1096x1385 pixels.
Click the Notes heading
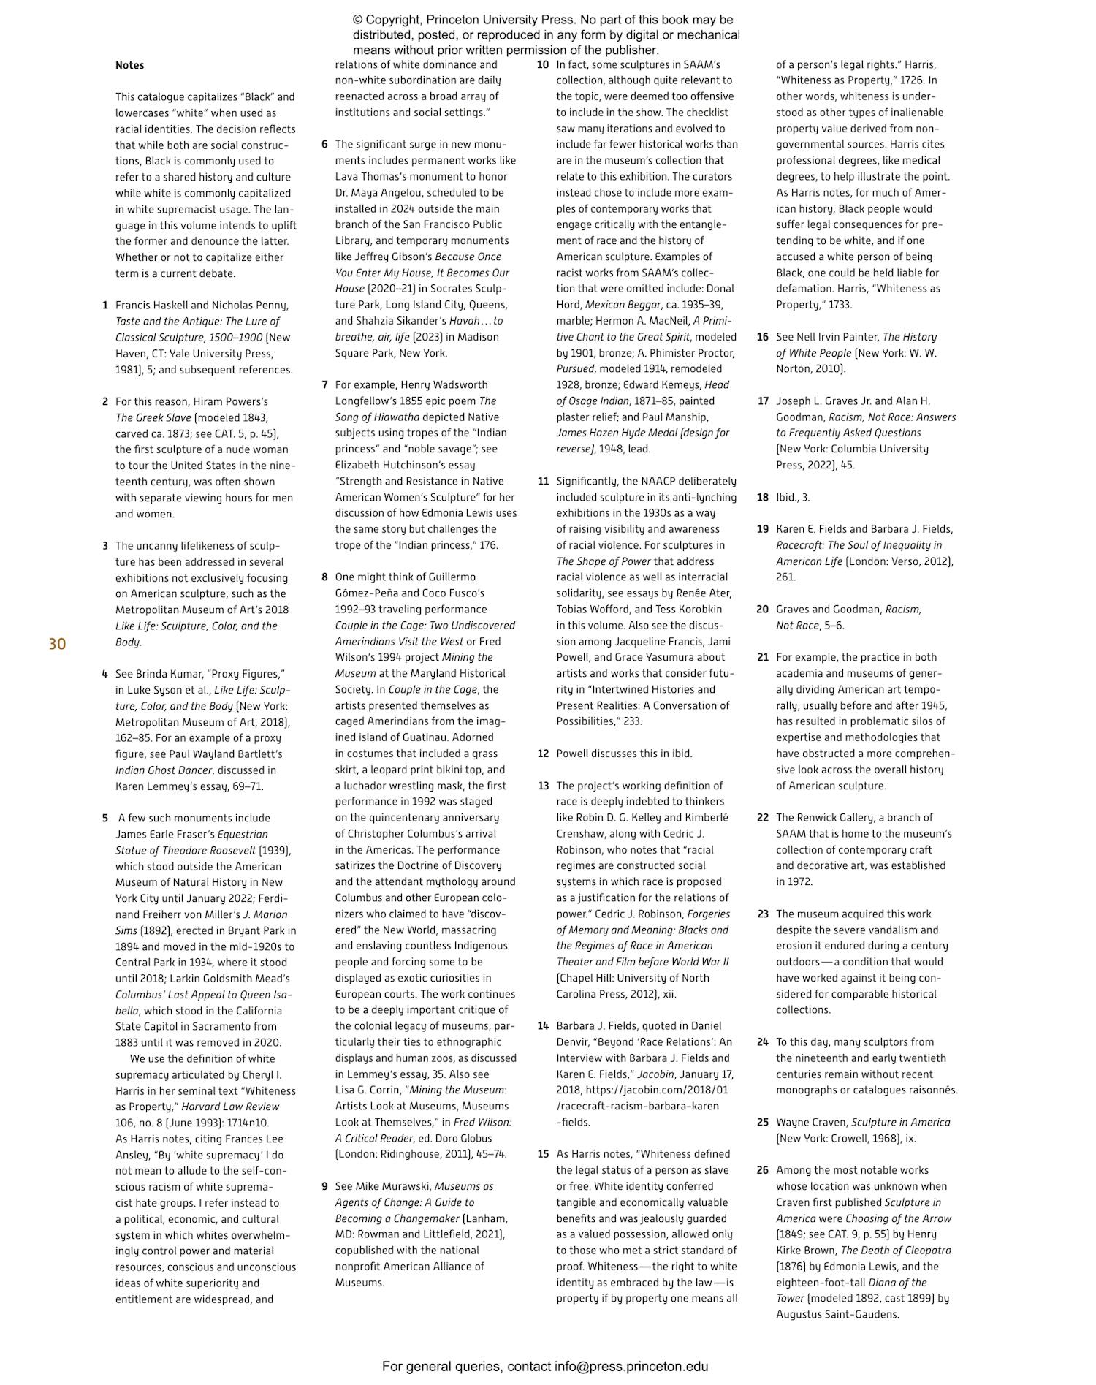tap(129, 65)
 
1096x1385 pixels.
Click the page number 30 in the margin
tap(57, 644)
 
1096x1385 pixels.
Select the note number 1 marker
tap(105, 305)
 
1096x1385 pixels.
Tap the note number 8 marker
tap(324, 577)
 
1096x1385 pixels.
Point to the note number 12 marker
tap(543, 754)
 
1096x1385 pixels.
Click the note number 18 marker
tap(763, 497)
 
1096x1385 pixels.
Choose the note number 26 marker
tap(763, 1170)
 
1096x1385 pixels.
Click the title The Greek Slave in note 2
tap(153, 417)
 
